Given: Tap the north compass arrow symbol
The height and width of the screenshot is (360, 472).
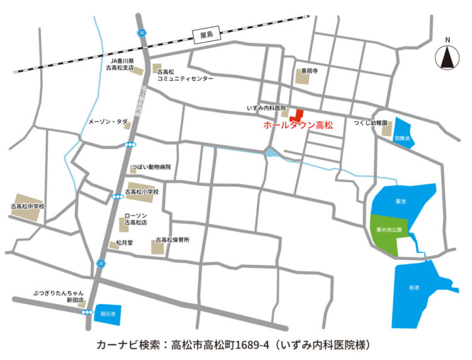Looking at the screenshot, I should [447, 59].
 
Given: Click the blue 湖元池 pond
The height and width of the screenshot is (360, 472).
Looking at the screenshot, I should [108, 314].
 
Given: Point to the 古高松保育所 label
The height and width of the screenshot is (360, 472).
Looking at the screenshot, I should [172, 240].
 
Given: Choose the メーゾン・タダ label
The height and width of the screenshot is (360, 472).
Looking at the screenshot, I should [108, 120].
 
